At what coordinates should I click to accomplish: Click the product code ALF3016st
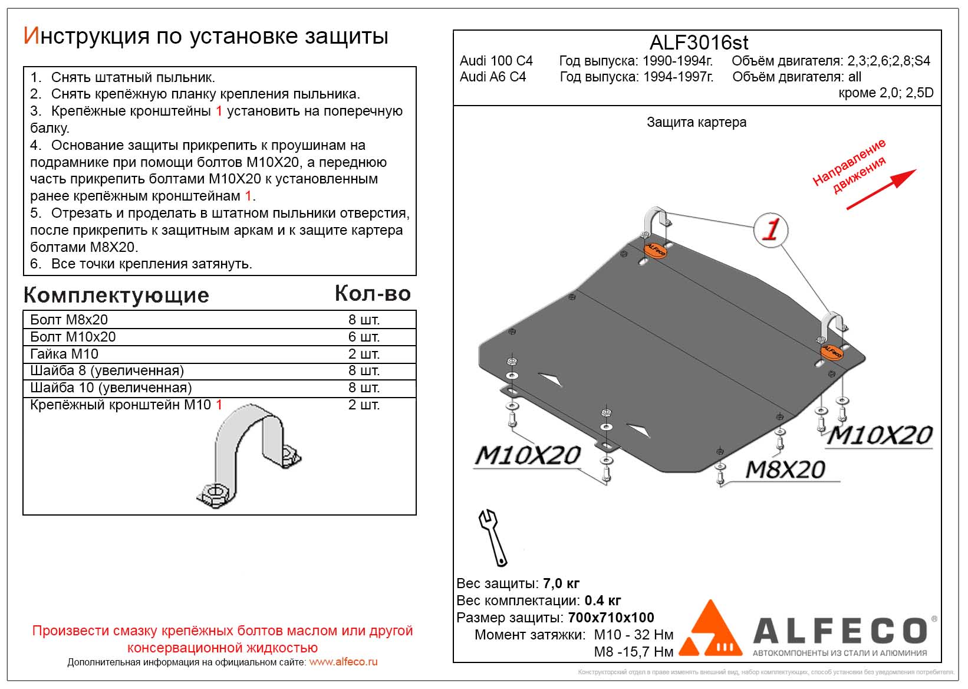[699, 42]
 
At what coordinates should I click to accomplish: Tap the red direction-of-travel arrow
[881, 189]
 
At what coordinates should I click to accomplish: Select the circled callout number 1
[771, 229]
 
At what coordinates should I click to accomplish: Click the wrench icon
[493, 537]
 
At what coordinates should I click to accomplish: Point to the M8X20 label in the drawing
[785, 470]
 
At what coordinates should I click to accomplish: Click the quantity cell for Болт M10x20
[364, 337]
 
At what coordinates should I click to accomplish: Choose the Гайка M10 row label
[64, 354]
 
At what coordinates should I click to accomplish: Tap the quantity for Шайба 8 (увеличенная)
[364, 370]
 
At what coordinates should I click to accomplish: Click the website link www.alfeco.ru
[343, 662]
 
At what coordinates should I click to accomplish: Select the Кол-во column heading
[373, 294]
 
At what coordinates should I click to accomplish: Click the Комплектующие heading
[116, 295]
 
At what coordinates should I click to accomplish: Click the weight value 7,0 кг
[561, 583]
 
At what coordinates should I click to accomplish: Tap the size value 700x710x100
[611, 618]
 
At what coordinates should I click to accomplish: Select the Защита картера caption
[696, 122]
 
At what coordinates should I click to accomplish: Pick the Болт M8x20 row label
[69, 320]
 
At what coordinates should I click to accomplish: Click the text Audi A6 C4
[493, 77]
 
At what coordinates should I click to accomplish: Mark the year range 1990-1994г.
[677, 61]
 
